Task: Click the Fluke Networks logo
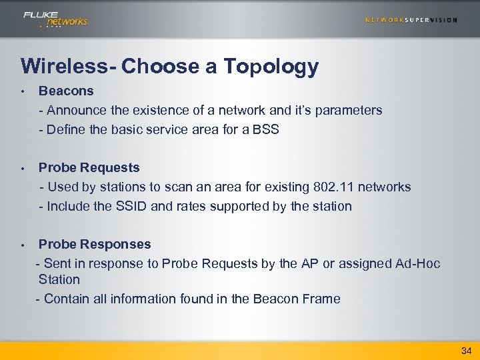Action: (55, 19)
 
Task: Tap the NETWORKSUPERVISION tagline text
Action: (411, 20)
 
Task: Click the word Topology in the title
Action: (271, 67)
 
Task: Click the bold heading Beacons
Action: (66, 91)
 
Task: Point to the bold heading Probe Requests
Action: (89, 168)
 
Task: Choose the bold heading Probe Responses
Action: (95, 245)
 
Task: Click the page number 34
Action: (465, 351)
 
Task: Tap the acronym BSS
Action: (265, 129)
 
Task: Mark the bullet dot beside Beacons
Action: (22, 91)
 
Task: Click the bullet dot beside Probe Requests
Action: (22, 169)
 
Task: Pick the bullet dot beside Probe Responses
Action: (22, 245)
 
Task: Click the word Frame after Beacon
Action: (319, 299)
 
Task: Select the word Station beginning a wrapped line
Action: (59, 280)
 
